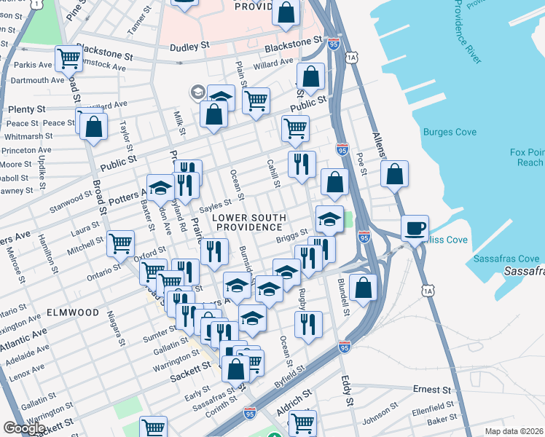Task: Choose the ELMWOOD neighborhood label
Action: tap(72, 312)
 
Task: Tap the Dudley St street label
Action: tap(189, 46)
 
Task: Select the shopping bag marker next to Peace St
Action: tap(94, 127)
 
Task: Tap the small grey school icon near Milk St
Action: tap(197, 92)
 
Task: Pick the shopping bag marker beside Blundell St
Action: tap(363, 286)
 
